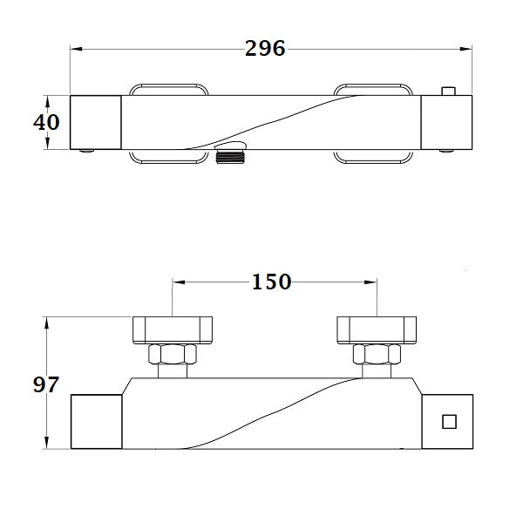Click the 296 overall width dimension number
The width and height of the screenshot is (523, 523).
click(265, 50)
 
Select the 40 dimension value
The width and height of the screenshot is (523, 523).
click(46, 122)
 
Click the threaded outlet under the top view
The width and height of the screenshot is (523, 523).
click(228, 157)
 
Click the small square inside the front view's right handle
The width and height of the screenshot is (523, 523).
click(450, 422)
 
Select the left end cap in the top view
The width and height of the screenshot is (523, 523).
click(94, 121)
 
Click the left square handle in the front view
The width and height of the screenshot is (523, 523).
click(94, 422)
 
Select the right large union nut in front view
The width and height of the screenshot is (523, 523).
click(375, 330)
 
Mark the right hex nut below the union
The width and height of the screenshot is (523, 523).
click(375, 357)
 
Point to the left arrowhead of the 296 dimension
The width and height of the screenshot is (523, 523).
click(74, 50)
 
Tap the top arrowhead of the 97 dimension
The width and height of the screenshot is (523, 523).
click(46, 322)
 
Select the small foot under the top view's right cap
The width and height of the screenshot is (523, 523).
click(447, 151)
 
